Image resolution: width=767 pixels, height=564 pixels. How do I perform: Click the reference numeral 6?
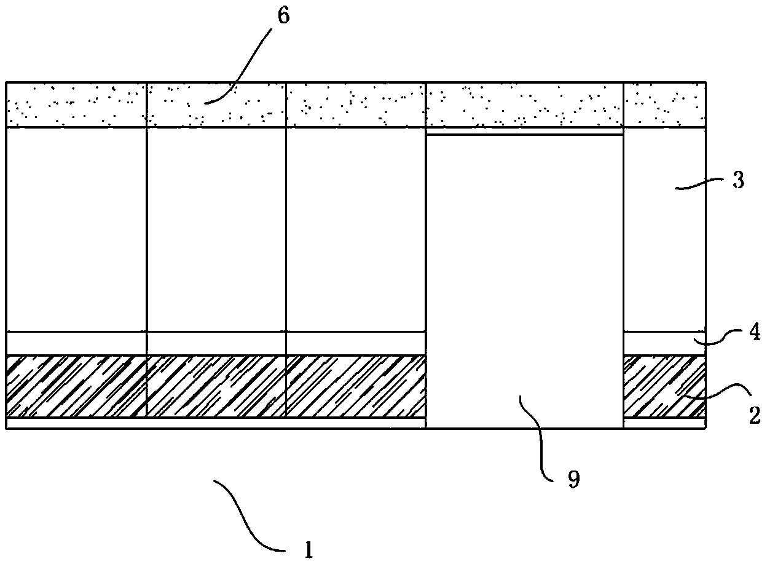pyautogui.click(x=283, y=15)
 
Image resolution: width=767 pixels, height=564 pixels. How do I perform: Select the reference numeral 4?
pyautogui.click(x=755, y=332)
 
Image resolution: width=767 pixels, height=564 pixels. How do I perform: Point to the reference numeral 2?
pyautogui.click(x=754, y=416)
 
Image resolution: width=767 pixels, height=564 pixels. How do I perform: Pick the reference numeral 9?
pyautogui.click(x=574, y=479)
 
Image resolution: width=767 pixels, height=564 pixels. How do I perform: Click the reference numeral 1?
pyautogui.click(x=309, y=550)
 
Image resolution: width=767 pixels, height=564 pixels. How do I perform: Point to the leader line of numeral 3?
pyautogui.click(x=699, y=184)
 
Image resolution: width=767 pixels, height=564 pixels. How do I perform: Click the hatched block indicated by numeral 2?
pyautogui.click(x=664, y=386)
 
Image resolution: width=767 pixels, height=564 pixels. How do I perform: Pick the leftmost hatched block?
pyautogui.click(x=76, y=386)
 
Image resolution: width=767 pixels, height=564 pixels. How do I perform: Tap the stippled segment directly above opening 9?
pyautogui.click(x=524, y=105)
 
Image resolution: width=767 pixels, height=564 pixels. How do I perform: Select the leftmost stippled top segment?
pyautogui.click(x=76, y=105)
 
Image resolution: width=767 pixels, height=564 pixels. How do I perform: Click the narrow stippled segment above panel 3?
pyautogui.click(x=664, y=105)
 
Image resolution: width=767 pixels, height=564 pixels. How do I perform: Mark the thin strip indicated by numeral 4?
pyautogui.click(x=664, y=343)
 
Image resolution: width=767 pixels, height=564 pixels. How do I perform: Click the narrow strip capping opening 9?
pyautogui.click(x=524, y=131)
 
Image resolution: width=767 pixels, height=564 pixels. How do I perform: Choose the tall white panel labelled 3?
pyautogui.click(x=664, y=229)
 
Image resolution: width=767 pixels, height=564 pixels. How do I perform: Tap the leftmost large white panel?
pyautogui.click(x=76, y=229)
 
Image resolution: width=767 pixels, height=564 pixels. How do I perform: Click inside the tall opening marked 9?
pyautogui.click(x=524, y=281)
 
